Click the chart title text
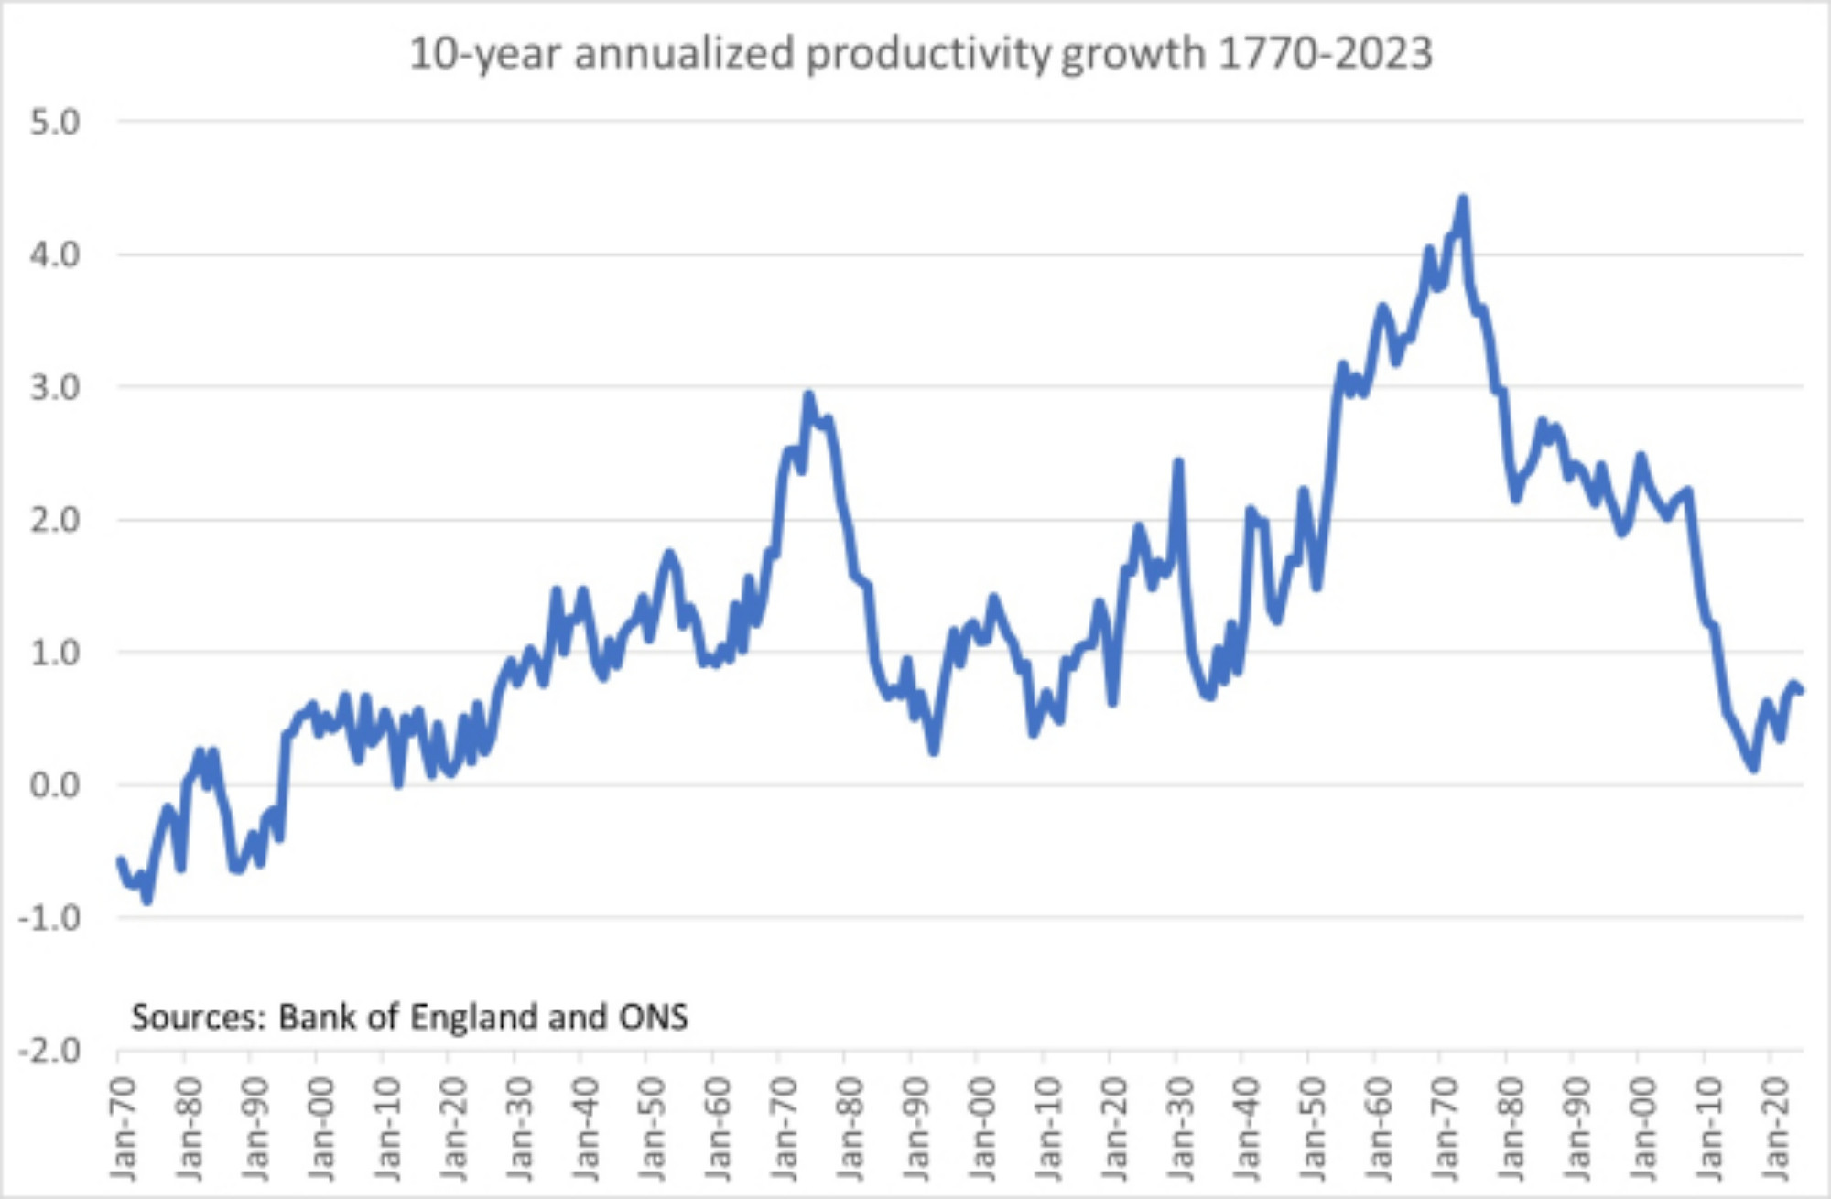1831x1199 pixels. [x=920, y=53]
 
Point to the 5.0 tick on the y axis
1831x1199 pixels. [x=55, y=122]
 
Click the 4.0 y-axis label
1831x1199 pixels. [x=55, y=254]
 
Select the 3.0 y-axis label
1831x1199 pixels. [x=55, y=387]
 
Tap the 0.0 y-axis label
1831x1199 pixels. [x=55, y=785]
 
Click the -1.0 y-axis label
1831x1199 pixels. [x=49, y=918]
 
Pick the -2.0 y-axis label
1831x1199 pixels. [x=49, y=1051]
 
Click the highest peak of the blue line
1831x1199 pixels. [x=1463, y=200]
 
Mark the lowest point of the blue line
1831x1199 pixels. [x=147, y=901]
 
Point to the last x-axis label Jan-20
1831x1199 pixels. [x=1775, y=1129]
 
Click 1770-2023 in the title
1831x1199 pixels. [x=1326, y=53]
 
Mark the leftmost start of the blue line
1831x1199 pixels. [x=120, y=859]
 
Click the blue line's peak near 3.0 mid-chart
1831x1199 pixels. [x=808, y=395]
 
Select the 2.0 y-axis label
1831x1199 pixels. [x=55, y=520]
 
